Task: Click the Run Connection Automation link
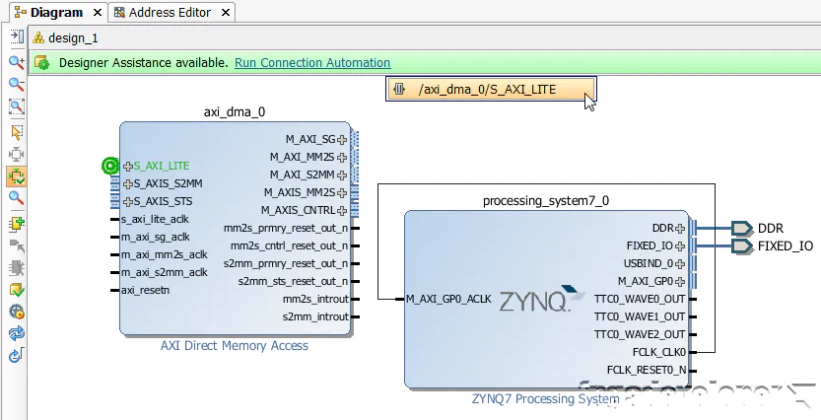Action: click(x=312, y=63)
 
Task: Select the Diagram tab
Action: click(x=57, y=13)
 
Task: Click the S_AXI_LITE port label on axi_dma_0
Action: click(x=162, y=166)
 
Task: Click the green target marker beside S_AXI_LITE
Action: click(x=110, y=166)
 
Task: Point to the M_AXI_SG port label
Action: click(x=309, y=139)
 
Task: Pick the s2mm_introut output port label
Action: click(x=315, y=316)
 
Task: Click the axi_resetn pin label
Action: click(x=145, y=290)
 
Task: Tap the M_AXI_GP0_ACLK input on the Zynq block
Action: click(x=448, y=299)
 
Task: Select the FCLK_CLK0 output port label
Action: click(x=658, y=352)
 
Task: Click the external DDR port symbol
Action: click(x=741, y=228)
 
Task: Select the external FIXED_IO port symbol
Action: click(x=741, y=245)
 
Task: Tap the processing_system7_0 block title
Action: click(x=545, y=200)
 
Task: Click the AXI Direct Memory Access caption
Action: click(x=235, y=346)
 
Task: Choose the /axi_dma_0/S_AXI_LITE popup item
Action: click(x=487, y=90)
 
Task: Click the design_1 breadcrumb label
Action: click(x=74, y=37)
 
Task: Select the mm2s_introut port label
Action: click(x=315, y=299)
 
